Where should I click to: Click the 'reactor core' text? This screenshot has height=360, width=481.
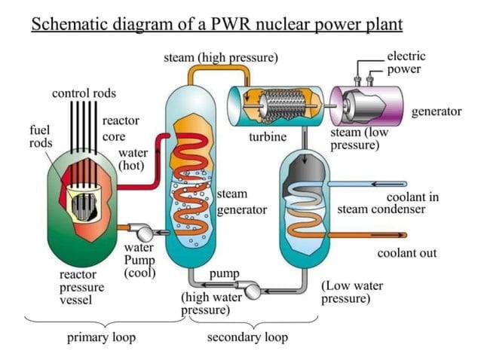click(x=119, y=129)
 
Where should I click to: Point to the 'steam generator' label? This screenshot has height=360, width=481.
click(x=241, y=202)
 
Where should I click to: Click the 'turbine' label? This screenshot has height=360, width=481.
click(x=268, y=137)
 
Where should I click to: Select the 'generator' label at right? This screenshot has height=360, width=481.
click(x=437, y=111)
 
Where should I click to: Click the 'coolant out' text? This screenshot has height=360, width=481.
click(x=406, y=252)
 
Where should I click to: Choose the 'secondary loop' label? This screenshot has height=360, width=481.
click(x=247, y=337)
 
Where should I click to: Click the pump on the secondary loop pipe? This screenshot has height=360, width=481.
click(x=250, y=288)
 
